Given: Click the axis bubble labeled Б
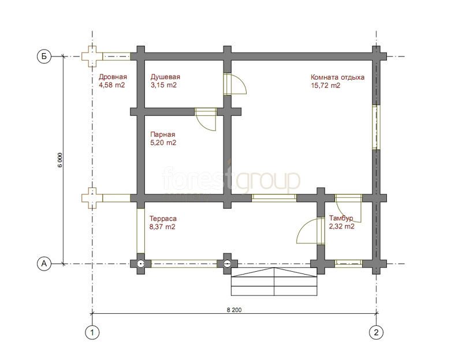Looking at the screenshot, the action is click(44, 56).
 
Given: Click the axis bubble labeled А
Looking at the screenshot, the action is click(44, 264).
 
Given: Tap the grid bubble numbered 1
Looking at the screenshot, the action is click(92, 333).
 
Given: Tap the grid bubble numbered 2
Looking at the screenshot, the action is click(377, 333).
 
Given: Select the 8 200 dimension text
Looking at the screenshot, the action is click(234, 310).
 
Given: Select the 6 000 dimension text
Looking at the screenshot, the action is click(60, 160).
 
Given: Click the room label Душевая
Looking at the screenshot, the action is click(165, 77).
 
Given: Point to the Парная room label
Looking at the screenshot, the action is click(163, 134).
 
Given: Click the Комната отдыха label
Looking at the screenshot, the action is click(337, 77).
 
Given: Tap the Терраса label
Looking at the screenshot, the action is click(163, 219).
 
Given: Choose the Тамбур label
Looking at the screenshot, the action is click(341, 219).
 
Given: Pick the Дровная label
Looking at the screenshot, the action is click(113, 77).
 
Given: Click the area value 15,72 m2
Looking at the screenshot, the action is click(326, 85).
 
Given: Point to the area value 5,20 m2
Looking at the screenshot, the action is click(163, 142).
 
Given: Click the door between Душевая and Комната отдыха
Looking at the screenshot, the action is click(234, 84).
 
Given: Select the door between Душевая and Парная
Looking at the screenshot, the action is click(206, 119).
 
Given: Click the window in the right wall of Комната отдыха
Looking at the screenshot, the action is click(376, 127).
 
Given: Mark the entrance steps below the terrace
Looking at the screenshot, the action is click(274, 282).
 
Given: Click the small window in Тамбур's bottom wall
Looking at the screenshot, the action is click(349, 263).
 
